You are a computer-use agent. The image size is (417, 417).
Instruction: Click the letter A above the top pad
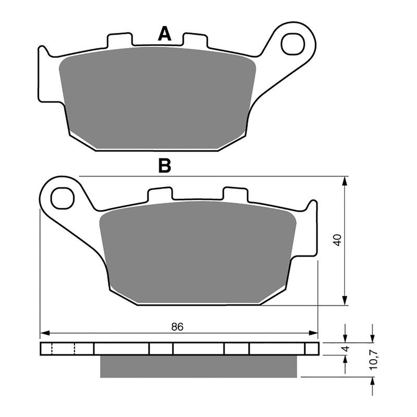coord(165,34)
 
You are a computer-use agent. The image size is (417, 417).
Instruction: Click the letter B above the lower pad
coord(165,166)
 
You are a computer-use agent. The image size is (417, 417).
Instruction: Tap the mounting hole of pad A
coord(293,44)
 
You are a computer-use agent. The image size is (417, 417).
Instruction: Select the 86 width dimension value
coord(178,327)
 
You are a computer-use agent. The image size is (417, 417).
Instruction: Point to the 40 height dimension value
coord(337,240)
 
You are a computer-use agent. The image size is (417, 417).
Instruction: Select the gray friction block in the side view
coord(200,366)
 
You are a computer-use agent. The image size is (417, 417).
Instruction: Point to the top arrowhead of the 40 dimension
coord(345,180)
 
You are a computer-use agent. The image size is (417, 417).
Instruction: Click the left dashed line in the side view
coord(52,348)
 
